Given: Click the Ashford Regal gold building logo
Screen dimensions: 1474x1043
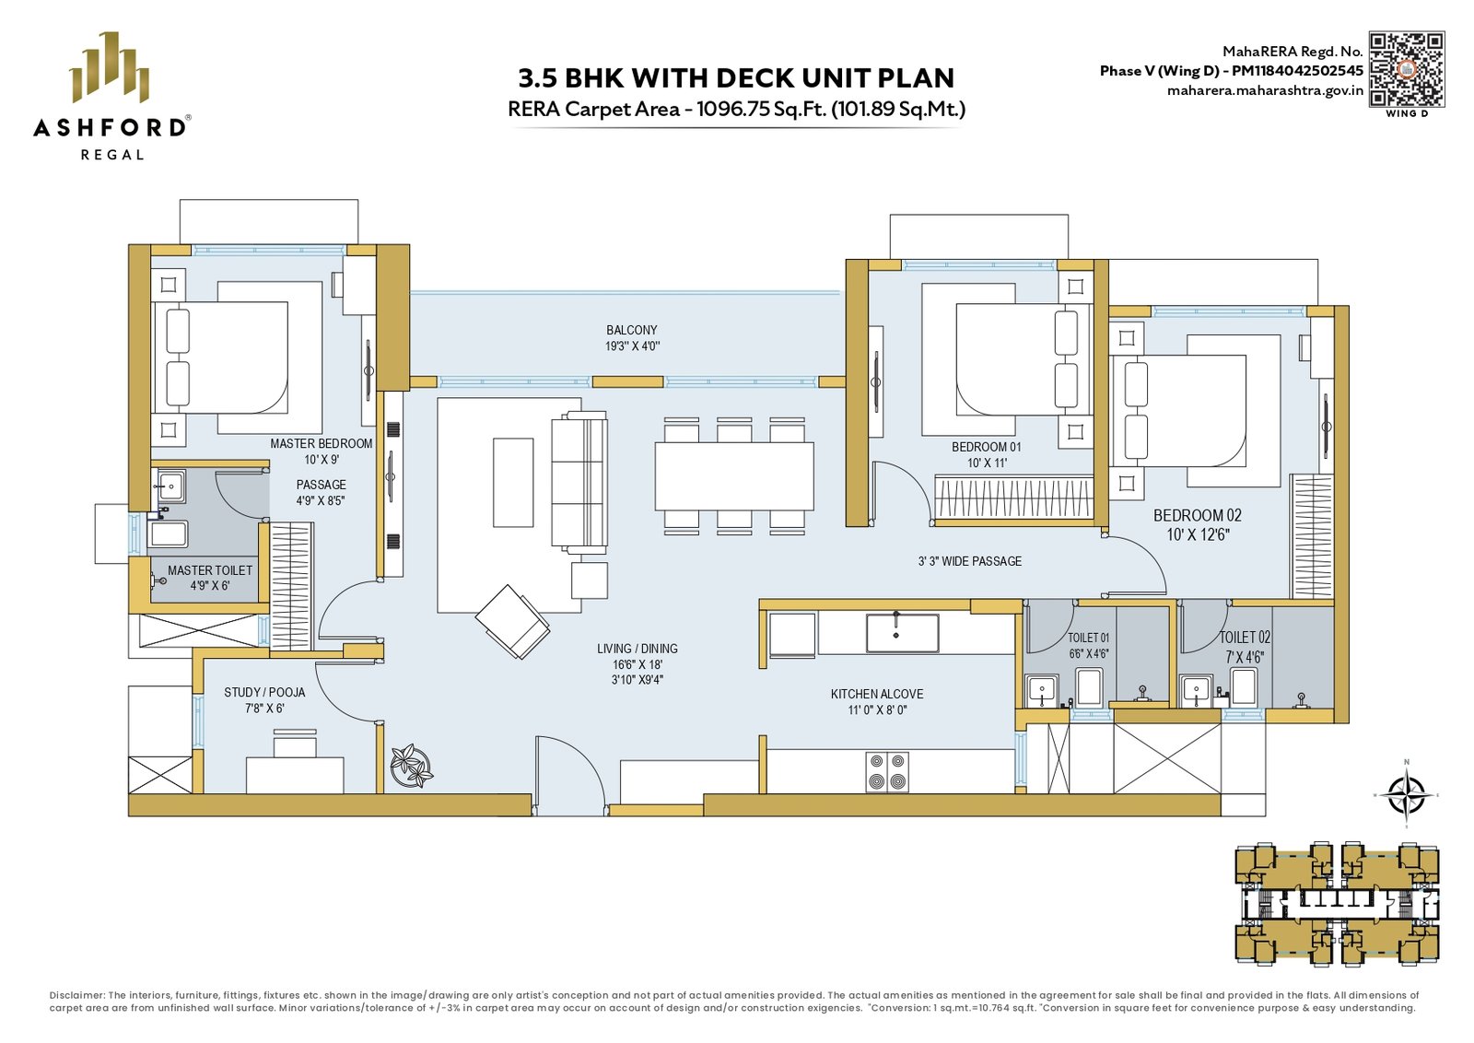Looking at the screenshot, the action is tap(110, 67).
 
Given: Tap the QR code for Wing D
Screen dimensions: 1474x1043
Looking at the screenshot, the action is tap(1407, 69).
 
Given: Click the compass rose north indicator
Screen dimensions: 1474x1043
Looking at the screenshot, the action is tap(1406, 795).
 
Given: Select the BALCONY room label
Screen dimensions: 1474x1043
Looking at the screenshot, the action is tap(632, 330).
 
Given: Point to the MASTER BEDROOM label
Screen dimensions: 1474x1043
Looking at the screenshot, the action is tap(322, 443).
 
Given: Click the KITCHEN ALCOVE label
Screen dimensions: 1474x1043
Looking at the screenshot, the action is tap(876, 694).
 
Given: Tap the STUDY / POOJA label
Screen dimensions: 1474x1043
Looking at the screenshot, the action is tap(264, 692).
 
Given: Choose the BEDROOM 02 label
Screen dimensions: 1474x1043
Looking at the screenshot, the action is tap(1197, 515).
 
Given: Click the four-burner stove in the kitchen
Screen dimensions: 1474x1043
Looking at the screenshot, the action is tap(887, 772).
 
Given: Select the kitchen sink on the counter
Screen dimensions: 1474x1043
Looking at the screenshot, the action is tap(902, 633).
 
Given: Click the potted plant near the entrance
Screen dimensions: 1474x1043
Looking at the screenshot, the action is tap(412, 766).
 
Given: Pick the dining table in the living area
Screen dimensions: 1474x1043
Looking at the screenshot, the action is tap(733, 476).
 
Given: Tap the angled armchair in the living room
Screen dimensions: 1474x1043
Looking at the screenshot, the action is tap(512, 622).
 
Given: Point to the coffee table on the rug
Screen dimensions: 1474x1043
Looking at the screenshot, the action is tap(513, 483).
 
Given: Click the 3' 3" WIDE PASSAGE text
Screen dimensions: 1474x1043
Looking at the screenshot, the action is tap(970, 561).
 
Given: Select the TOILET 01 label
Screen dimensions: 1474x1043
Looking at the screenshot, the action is tap(1088, 638).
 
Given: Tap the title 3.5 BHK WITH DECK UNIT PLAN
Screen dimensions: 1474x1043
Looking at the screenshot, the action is tap(736, 77).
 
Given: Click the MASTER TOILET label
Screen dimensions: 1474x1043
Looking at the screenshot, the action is tap(210, 569).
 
